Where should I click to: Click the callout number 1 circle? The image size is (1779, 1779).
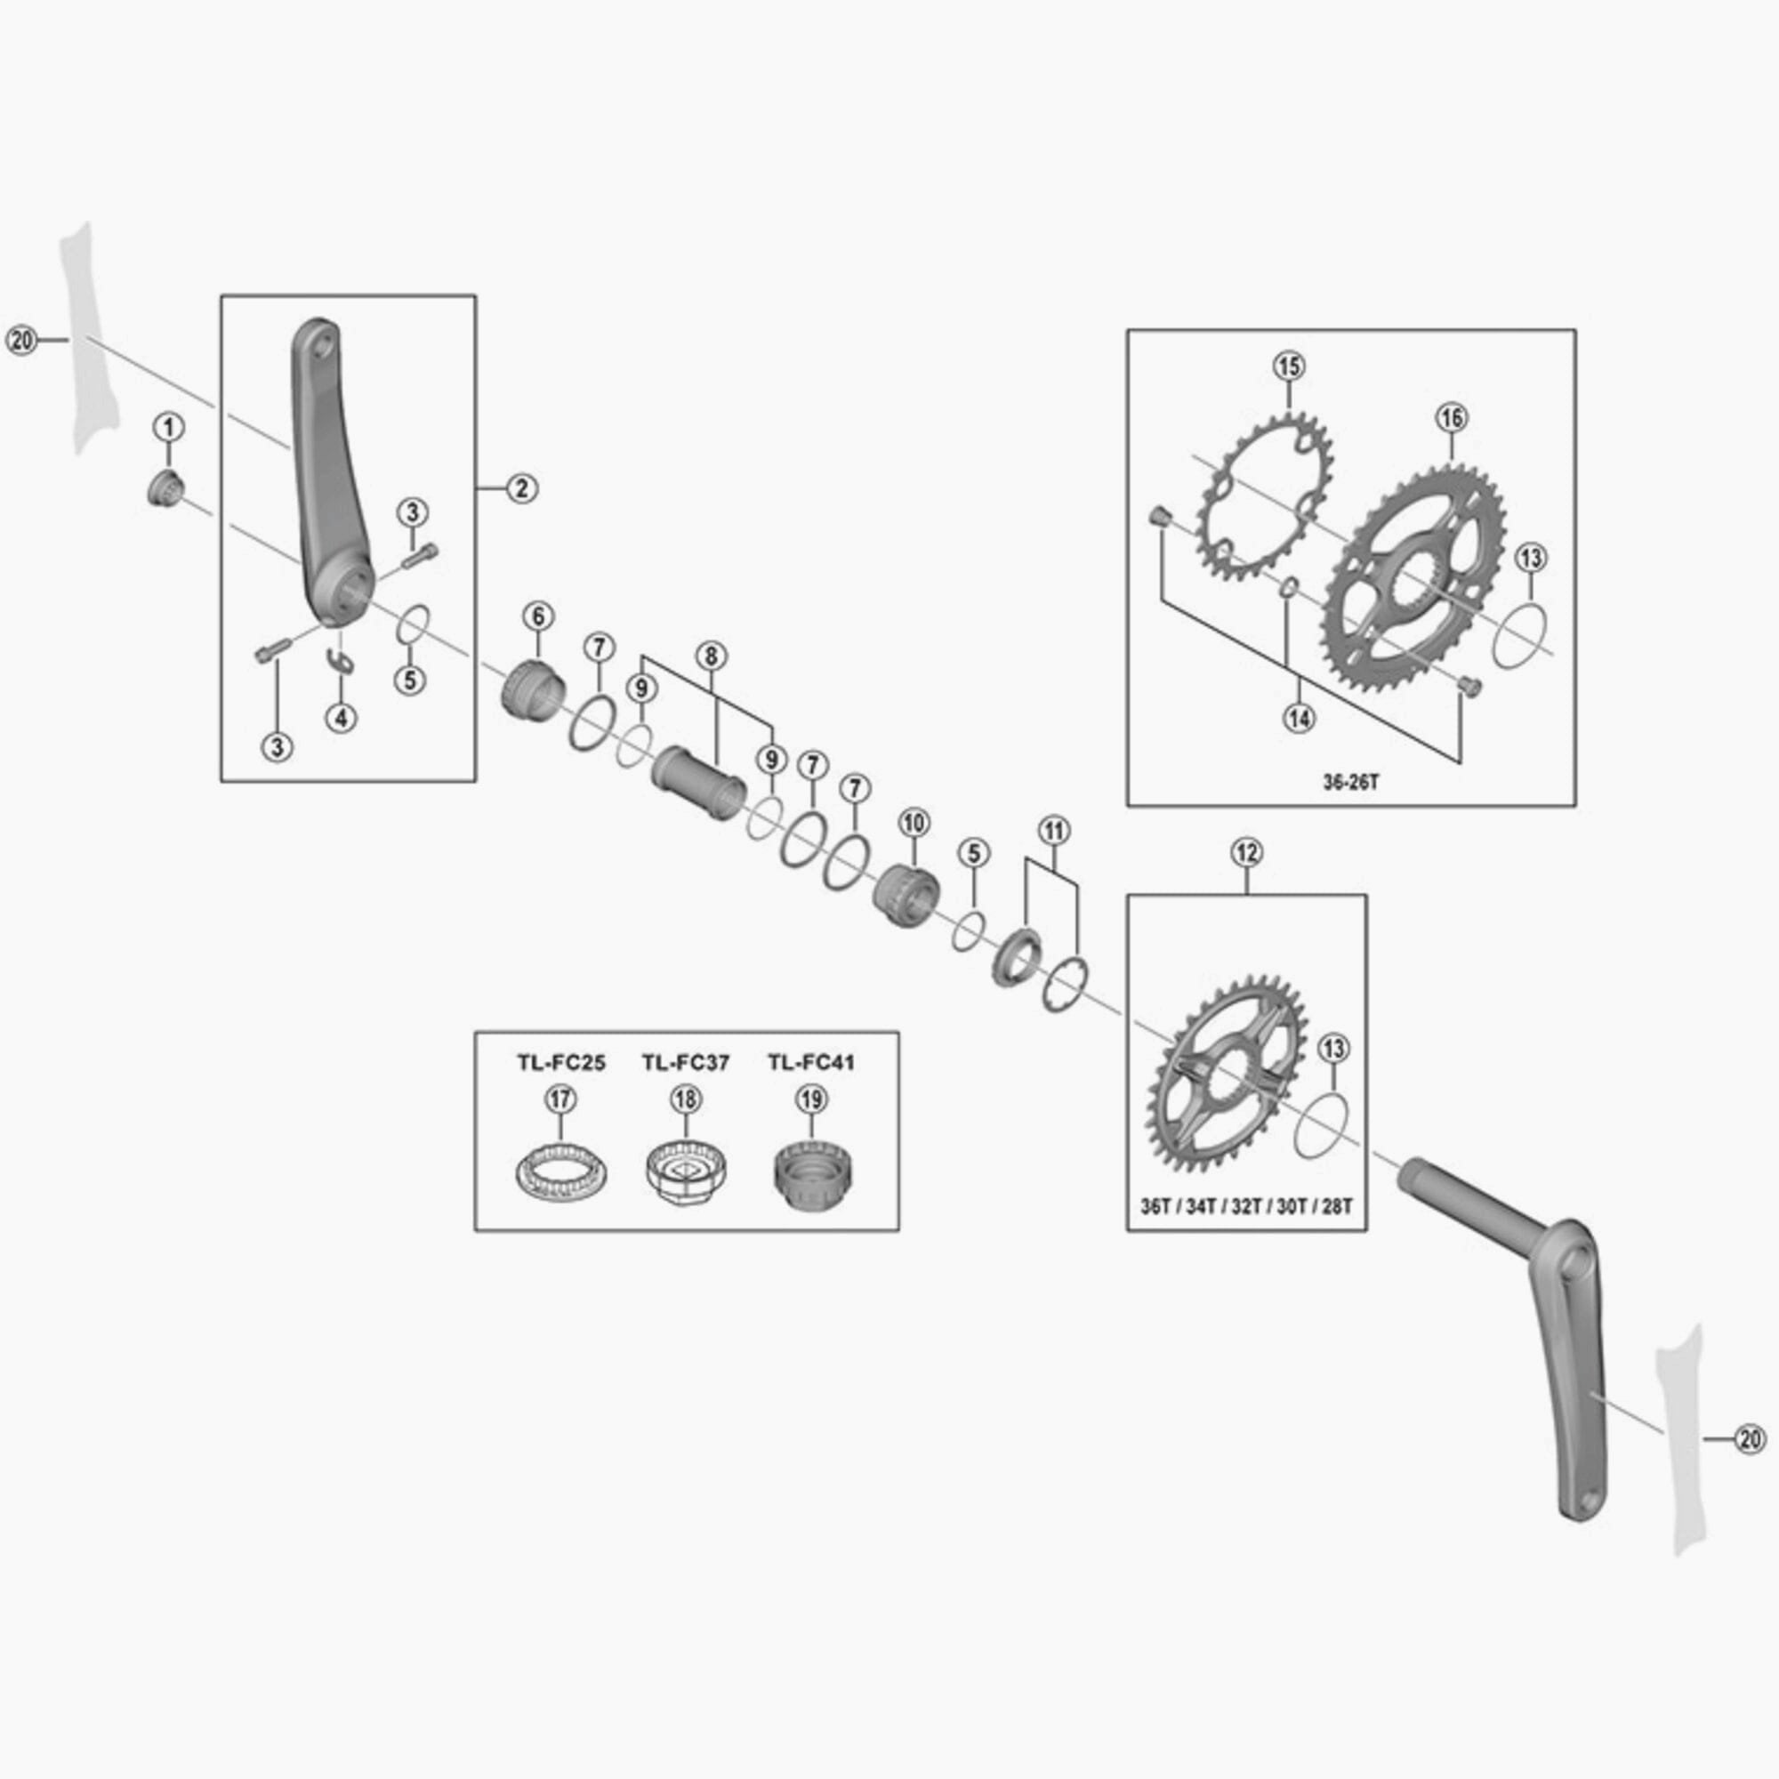click(168, 427)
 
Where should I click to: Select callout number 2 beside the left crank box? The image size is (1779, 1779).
click(521, 488)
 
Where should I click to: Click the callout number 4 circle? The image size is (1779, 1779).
click(341, 718)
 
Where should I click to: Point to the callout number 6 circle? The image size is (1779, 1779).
click(538, 616)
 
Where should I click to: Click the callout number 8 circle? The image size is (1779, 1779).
click(711, 656)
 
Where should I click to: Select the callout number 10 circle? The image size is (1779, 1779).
click(914, 822)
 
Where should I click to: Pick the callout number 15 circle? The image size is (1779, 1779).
click(1289, 366)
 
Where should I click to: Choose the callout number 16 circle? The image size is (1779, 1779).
click(1451, 417)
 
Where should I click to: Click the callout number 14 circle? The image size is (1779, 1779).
click(1300, 718)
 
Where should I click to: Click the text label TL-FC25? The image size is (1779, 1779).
click(559, 1063)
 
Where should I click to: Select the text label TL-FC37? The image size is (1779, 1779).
click(685, 1063)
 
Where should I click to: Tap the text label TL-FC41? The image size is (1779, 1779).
click(811, 1063)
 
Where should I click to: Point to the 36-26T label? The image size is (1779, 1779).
click(1351, 782)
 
